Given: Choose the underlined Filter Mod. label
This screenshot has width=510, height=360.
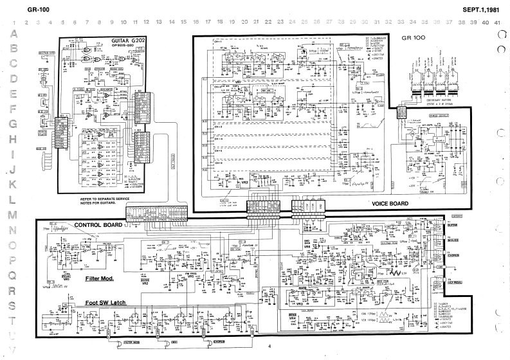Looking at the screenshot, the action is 99,280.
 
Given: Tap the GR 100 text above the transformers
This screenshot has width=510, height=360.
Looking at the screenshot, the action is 415,38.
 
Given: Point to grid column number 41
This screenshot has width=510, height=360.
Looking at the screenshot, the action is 498,22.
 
